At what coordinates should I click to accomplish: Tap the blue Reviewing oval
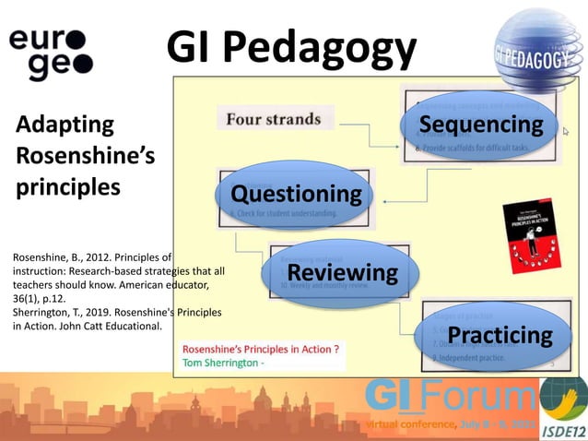(342, 273)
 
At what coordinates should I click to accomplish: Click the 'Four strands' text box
(274, 119)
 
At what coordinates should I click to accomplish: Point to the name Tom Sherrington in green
(221, 363)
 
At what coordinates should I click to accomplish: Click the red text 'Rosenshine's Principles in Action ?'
(261, 350)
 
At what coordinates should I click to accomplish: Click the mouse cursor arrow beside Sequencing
(567, 133)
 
